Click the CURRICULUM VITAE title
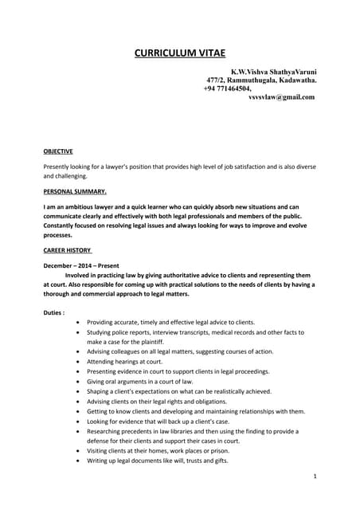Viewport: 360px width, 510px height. (x=179, y=53)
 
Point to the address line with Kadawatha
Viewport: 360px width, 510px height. (x=261, y=80)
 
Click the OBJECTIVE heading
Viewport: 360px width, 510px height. (x=58, y=151)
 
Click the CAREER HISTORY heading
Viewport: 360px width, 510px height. (x=66, y=250)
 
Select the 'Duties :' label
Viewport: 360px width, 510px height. (x=53, y=312)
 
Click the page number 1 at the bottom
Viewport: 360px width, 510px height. (x=315, y=476)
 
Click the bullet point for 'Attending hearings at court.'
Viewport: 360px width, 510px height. (x=76, y=361)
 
